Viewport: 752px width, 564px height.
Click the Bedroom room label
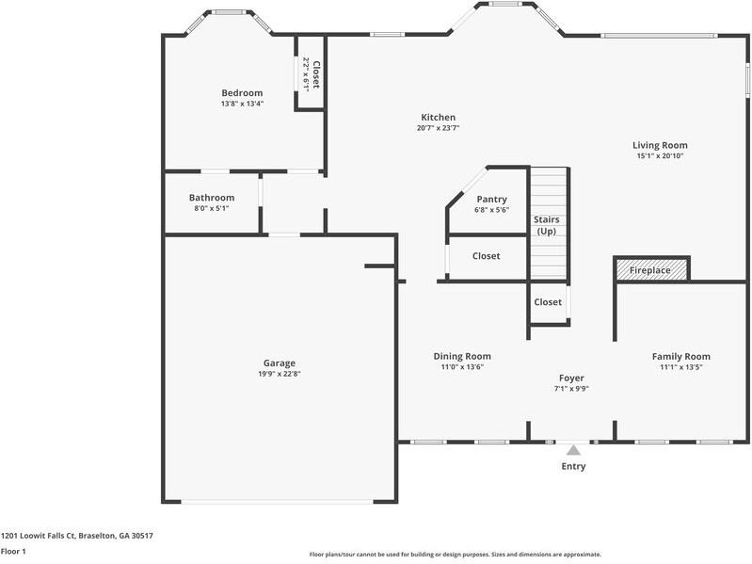point(242,92)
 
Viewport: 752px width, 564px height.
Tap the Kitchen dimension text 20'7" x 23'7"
point(438,128)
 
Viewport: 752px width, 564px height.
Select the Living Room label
point(659,145)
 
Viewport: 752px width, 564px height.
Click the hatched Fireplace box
point(651,270)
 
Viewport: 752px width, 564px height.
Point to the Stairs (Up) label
point(547,225)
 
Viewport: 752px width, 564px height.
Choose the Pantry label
point(491,199)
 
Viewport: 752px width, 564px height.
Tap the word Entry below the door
point(573,466)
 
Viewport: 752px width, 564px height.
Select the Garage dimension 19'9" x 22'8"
point(279,374)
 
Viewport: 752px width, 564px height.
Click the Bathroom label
point(211,198)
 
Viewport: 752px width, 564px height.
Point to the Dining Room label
point(462,356)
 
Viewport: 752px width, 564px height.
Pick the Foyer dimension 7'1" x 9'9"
point(571,388)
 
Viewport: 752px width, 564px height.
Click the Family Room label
point(680,356)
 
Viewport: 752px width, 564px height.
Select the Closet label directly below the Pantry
point(486,256)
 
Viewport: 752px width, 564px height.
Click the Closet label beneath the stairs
point(548,302)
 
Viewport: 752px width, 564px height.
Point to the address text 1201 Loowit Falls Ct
point(76,535)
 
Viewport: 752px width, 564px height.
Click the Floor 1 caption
point(13,551)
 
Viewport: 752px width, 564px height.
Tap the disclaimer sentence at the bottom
point(455,555)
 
